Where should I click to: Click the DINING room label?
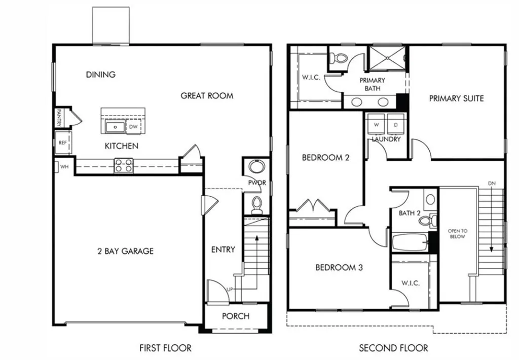pyautogui.click(x=100, y=75)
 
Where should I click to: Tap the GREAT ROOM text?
pyautogui.click(x=207, y=95)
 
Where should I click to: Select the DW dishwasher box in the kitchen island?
pyautogui.click(x=133, y=127)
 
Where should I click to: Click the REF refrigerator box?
pyautogui.click(x=63, y=142)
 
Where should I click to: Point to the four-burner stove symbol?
pyautogui.click(x=124, y=165)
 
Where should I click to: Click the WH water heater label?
pyautogui.click(x=64, y=166)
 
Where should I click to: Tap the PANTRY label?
pyautogui.click(x=59, y=118)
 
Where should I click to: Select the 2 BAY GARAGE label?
pyautogui.click(x=125, y=251)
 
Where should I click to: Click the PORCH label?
pyautogui.click(x=236, y=316)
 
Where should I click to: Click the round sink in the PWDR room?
pyautogui.click(x=257, y=168)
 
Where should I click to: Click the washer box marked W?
pyautogui.click(x=377, y=124)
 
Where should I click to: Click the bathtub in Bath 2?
pyautogui.click(x=410, y=242)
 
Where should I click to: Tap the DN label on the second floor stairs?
pyautogui.click(x=491, y=183)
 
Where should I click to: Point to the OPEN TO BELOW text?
pyautogui.click(x=457, y=234)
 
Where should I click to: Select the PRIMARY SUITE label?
pyautogui.click(x=456, y=98)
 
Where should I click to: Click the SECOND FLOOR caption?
pyautogui.click(x=393, y=348)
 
